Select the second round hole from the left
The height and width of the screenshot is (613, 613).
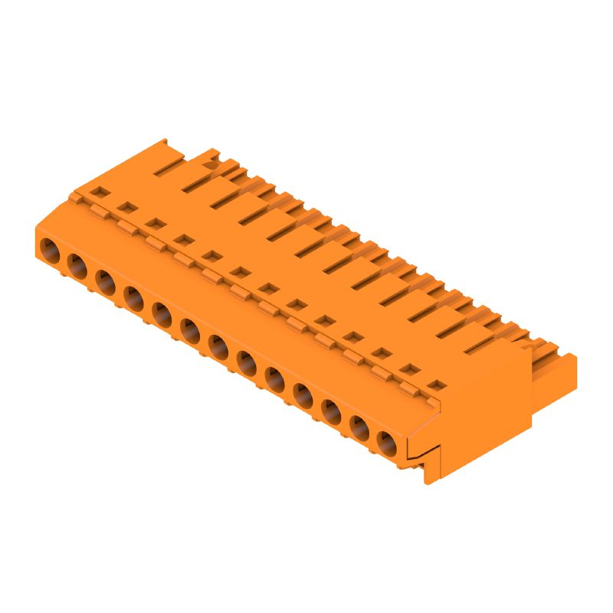(77, 264)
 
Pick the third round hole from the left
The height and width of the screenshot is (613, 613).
(105, 280)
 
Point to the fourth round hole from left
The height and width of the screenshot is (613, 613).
(133, 297)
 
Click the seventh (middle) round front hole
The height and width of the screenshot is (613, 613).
(218, 345)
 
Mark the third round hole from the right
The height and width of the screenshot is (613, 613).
(331, 410)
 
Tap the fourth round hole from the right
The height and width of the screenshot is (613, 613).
(303, 394)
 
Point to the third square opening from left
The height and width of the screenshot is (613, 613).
(154, 223)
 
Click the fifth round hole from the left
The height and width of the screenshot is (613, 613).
(162, 313)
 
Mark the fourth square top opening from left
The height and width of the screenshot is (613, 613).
(182, 239)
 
